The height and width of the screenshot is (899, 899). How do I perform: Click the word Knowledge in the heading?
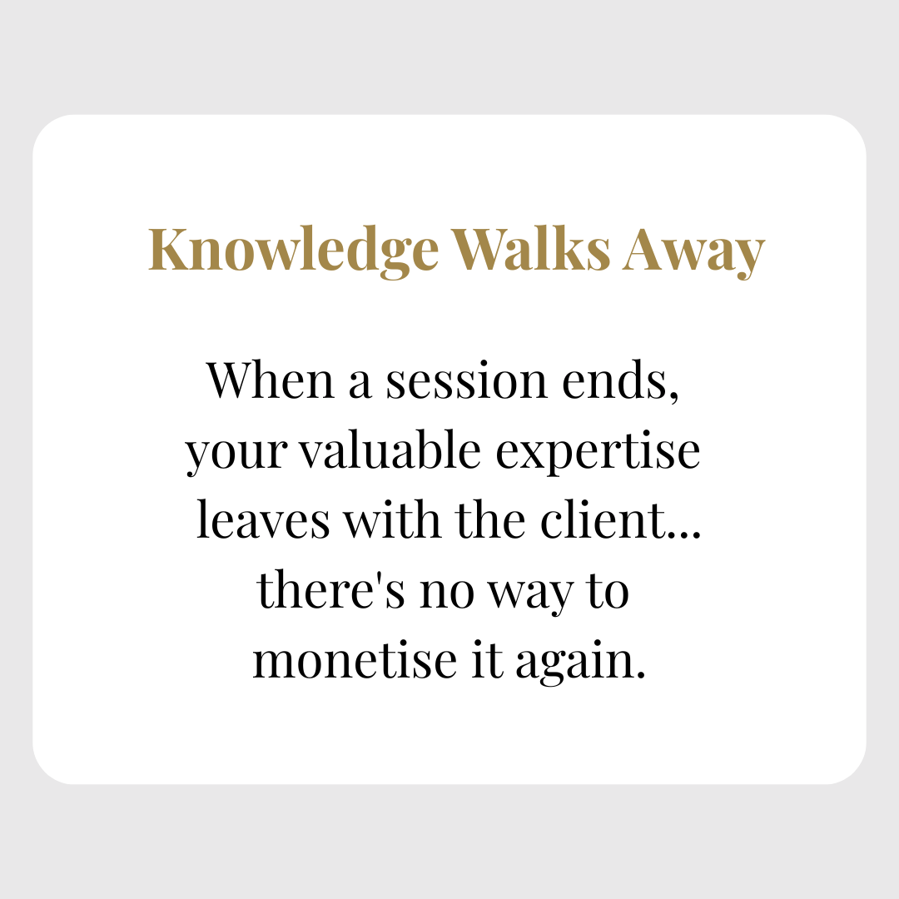point(294,251)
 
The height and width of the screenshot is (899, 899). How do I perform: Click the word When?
point(271,380)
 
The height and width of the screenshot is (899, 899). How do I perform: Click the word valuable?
point(391,449)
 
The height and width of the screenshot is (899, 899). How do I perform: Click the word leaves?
point(263,519)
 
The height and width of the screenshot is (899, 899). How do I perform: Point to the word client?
point(603,519)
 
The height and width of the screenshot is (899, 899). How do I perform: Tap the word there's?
point(331,589)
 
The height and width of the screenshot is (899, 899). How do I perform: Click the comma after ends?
point(674,397)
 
